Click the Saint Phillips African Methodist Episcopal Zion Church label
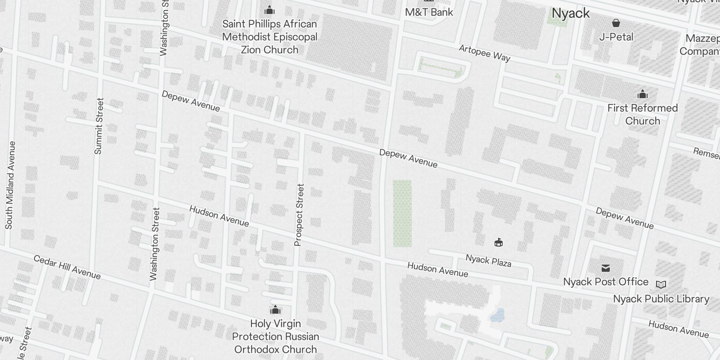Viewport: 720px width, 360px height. coord(270,37)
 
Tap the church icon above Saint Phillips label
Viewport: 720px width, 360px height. coord(270,10)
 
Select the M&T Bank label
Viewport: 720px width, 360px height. coord(429,12)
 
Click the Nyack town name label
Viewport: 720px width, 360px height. coord(571,13)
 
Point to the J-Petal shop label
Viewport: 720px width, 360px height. coord(616,37)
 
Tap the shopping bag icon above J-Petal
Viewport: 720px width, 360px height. coord(616,22)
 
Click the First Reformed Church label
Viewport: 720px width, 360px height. coord(642,114)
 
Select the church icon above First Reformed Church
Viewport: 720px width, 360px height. coord(643,94)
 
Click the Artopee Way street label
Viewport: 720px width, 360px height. coord(485,53)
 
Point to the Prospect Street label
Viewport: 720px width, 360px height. coord(299,215)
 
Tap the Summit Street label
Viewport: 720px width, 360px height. coord(99,126)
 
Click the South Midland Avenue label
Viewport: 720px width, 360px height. coord(10,185)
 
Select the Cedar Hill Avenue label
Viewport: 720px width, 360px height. coord(67,267)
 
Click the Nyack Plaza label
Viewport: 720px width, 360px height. coord(488,260)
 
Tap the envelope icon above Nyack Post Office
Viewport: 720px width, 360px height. coord(606,268)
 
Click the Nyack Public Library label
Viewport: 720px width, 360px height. coord(661,299)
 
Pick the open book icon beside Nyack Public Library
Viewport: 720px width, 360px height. coord(661,284)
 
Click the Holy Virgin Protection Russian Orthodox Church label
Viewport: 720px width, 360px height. coord(275,336)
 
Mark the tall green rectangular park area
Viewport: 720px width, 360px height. coord(402,213)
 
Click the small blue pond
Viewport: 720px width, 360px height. coord(497,315)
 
